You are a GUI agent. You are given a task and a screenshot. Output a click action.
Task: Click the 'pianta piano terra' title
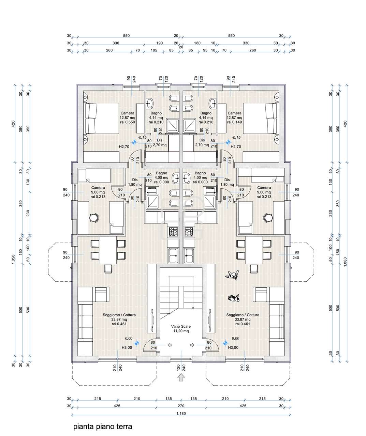tap(102, 426)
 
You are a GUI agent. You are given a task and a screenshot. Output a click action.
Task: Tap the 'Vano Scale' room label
tap(181, 328)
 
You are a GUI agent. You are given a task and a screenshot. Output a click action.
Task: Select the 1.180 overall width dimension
tap(181, 414)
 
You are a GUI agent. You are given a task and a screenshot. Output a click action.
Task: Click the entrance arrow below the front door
tap(181, 377)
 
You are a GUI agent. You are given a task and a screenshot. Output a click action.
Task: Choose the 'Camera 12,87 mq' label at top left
tap(127, 118)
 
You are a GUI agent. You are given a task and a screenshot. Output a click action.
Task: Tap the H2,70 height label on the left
tap(124, 147)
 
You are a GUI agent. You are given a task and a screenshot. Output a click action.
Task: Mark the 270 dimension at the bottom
tap(181, 406)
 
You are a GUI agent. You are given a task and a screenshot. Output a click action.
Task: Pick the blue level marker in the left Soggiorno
tap(137, 343)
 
